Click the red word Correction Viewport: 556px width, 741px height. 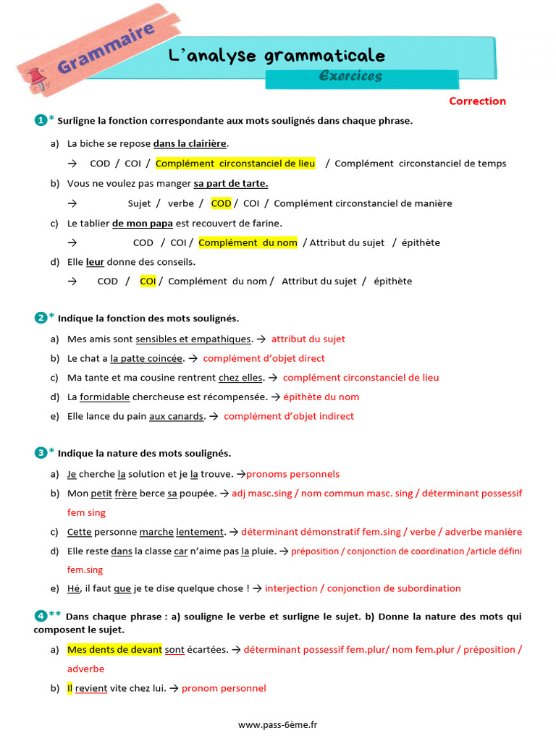pyautogui.click(x=477, y=101)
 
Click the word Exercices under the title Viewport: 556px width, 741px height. pyautogui.click(x=350, y=76)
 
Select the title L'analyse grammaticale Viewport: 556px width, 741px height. pyautogui.click(x=277, y=56)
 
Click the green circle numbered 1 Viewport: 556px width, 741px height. pyautogui.click(x=41, y=120)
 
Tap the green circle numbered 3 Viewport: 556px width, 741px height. pyautogui.click(x=41, y=453)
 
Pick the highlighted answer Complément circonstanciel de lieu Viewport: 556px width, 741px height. pyautogui.click(x=235, y=164)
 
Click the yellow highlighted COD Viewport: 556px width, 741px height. pyautogui.click(x=221, y=203)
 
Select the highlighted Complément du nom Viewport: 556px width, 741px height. pyautogui.click(x=248, y=242)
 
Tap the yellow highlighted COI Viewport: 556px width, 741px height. pyautogui.click(x=148, y=281)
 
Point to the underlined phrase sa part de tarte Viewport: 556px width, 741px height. pyautogui.click(x=230, y=184)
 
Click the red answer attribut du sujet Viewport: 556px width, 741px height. pyautogui.click(x=308, y=339)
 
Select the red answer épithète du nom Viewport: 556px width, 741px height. pyautogui.click(x=321, y=397)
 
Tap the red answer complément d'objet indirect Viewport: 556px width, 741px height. pyautogui.click(x=289, y=416)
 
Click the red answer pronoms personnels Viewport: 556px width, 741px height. pyautogui.click(x=292, y=474)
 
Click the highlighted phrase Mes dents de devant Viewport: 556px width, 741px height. pyautogui.click(x=114, y=650)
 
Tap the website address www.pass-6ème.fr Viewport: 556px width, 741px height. pyautogui.click(x=278, y=724)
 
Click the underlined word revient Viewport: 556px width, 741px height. pyautogui.click(x=91, y=688)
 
